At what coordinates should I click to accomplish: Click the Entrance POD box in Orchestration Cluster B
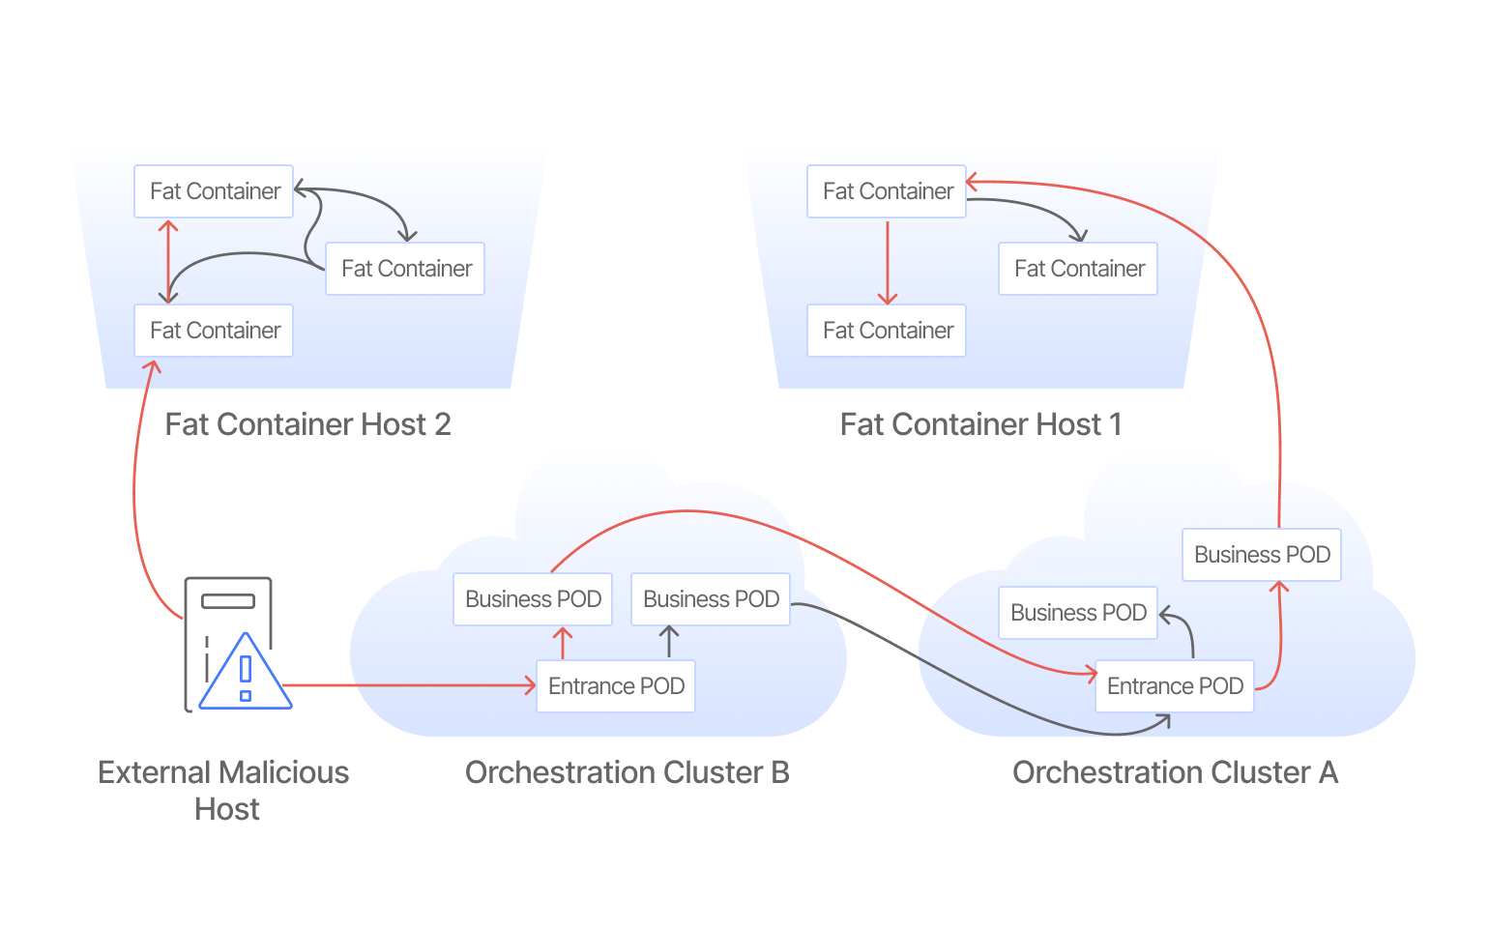point(616,686)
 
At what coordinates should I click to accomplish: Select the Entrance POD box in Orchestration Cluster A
point(1175,686)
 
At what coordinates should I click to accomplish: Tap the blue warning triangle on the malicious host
point(246,675)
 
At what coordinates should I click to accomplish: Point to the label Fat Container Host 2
point(307,424)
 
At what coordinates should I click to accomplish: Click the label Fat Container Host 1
point(980,424)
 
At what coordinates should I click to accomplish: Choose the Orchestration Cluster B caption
point(627,772)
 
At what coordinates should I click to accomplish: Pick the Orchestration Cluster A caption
point(1175,772)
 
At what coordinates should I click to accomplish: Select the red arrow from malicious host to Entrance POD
point(406,685)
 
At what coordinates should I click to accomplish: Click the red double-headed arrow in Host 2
point(168,261)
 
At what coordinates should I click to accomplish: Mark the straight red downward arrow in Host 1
point(888,261)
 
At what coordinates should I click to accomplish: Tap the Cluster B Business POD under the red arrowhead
point(533,599)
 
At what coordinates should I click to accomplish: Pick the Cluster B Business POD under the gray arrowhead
point(711,599)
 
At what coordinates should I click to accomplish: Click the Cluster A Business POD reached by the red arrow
point(1262,555)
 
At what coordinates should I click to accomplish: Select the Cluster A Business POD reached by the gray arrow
point(1078,613)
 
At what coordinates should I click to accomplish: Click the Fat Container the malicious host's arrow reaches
point(214,331)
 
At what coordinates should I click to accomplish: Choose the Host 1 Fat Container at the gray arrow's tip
point(1078,269)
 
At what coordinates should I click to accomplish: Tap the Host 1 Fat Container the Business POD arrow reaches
point(887,191)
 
